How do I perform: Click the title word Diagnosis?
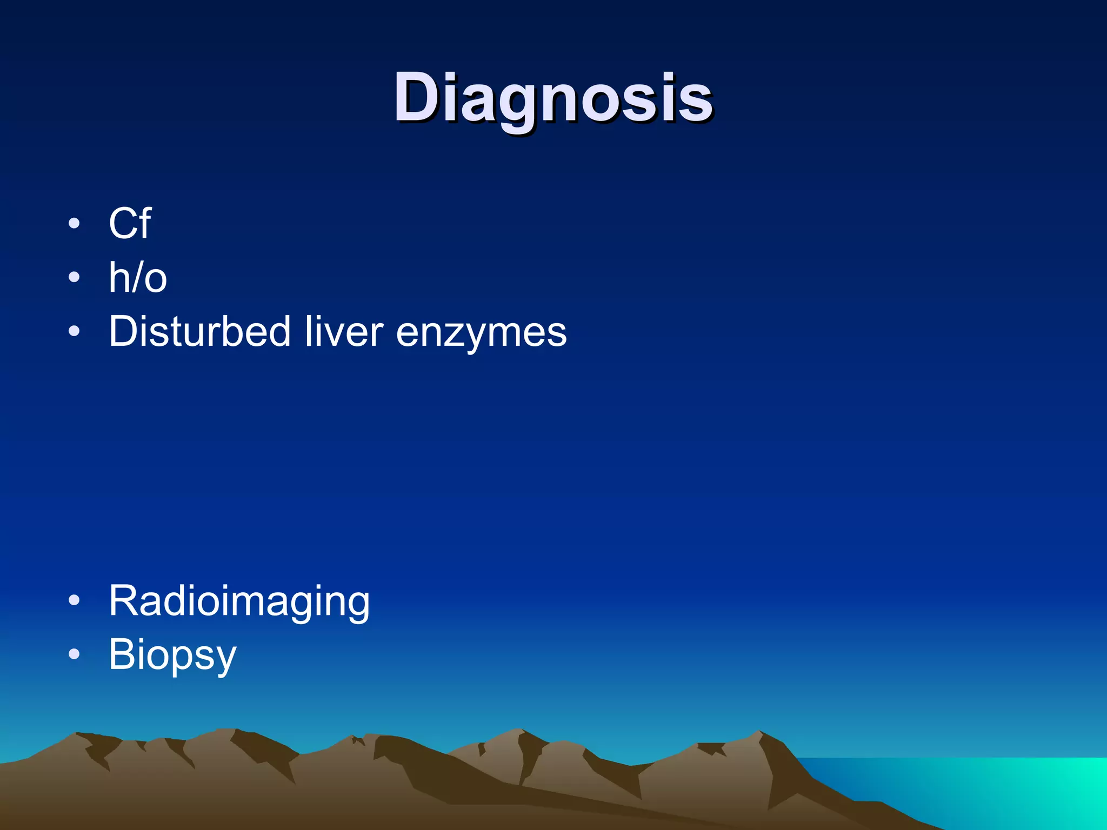coord(552,98)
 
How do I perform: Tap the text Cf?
coord(130,223)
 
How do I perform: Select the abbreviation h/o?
coord(138,277)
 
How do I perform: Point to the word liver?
coord(344,331)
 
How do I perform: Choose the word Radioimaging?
coord(239,601)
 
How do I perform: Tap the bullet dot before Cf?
coord(74,223)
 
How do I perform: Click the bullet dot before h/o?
coord(74,277)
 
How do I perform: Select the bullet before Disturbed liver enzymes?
coord(74,331)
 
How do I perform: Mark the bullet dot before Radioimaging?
coord(74,600)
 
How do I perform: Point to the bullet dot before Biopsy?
coord(74,654)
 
